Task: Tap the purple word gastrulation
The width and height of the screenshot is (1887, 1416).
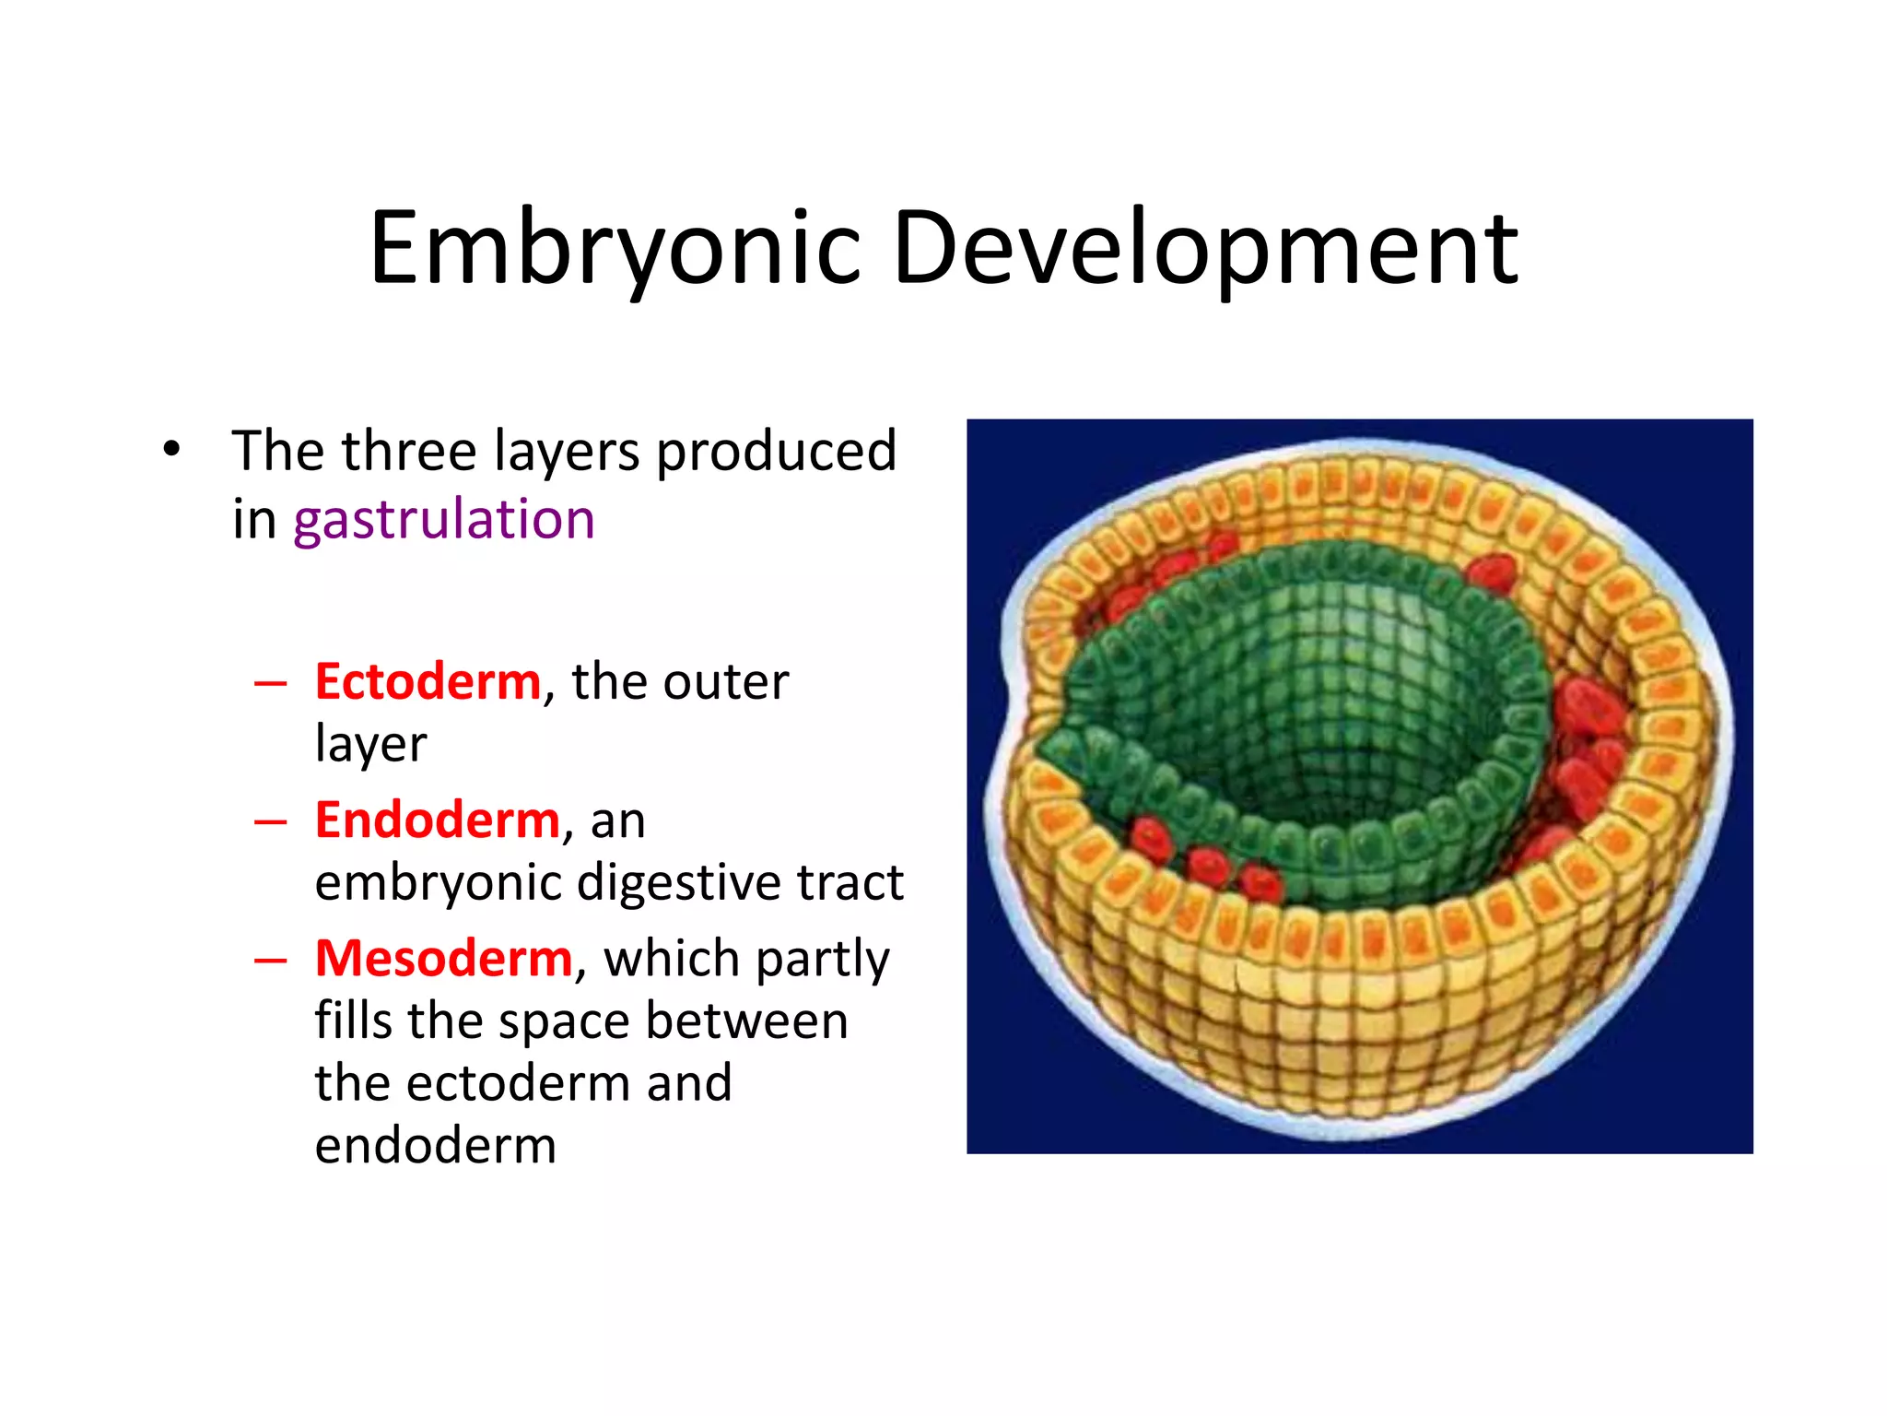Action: pos(443,519)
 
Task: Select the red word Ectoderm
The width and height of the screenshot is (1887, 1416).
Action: pos(428,682)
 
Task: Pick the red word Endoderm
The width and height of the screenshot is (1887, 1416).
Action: pos(437,820)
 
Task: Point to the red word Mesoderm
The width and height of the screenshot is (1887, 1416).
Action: pos(444,959)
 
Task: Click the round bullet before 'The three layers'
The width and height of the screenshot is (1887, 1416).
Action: pos(171,451)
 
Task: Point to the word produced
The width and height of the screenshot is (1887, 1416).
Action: pos(776,452)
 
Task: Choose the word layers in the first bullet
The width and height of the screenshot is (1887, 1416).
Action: pos(566,452)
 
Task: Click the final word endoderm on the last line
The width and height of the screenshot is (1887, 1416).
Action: pos(435,1146)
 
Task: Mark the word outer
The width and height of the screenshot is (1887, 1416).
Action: pos(725,682)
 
